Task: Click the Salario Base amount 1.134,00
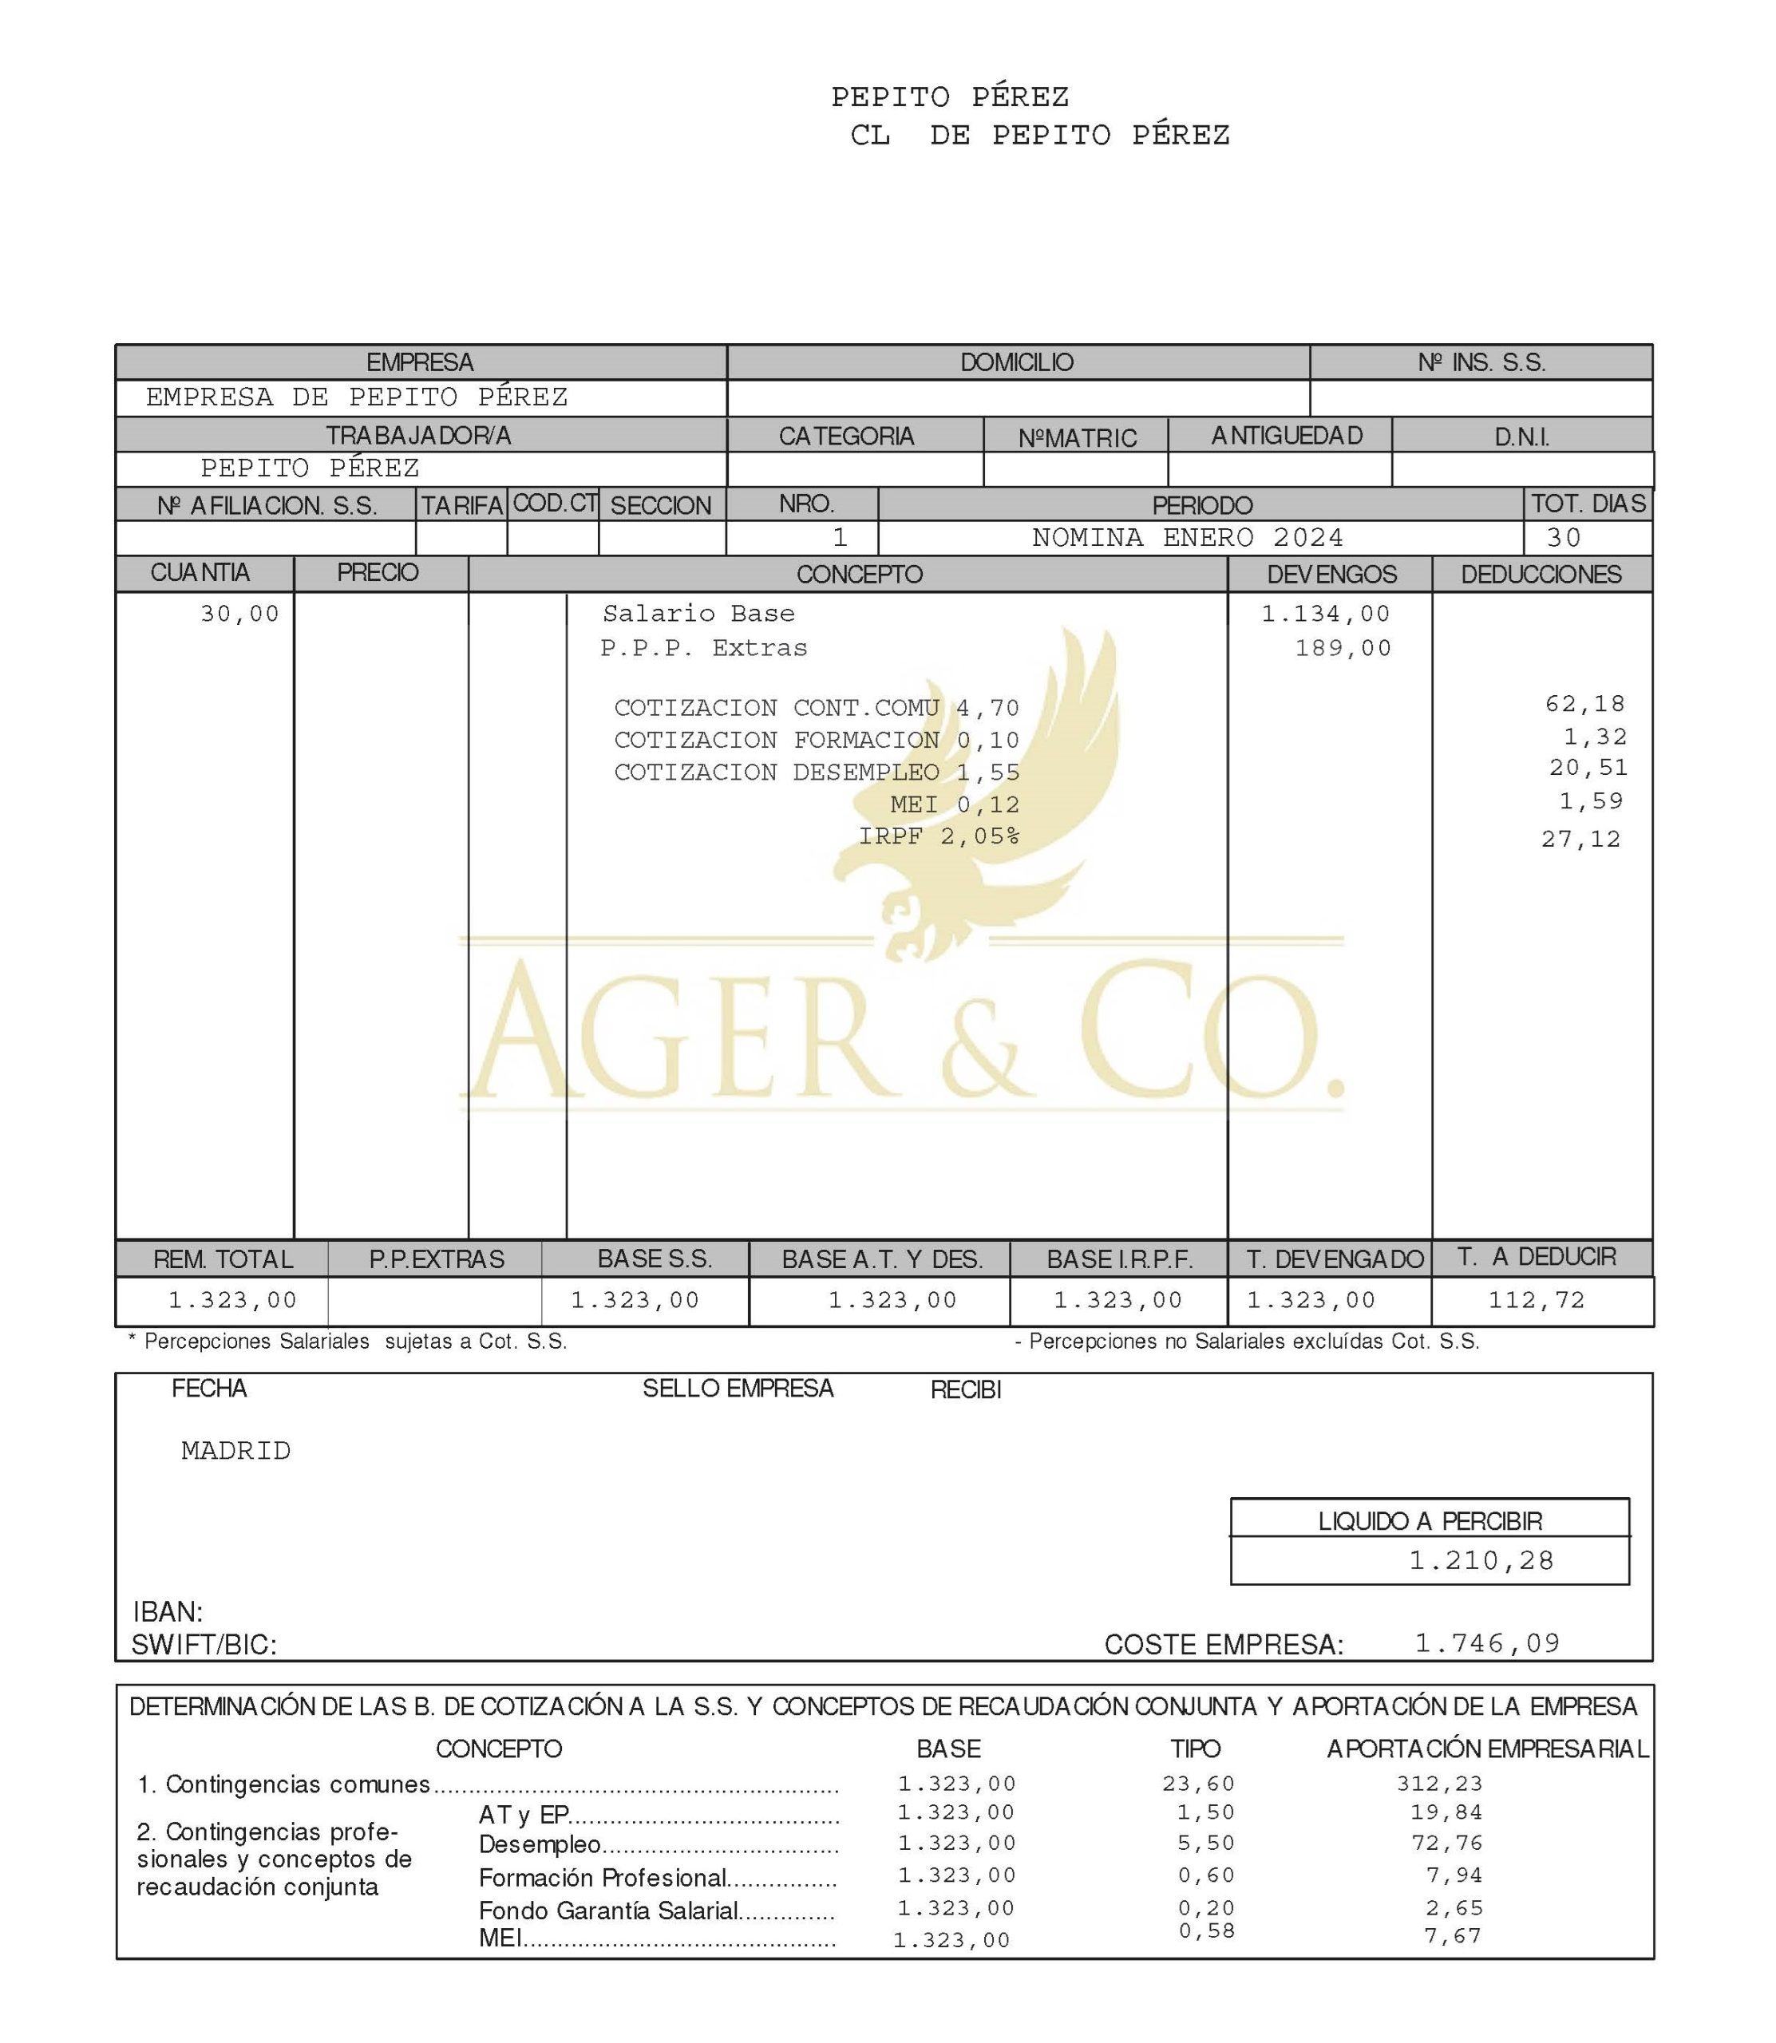(x=1325, y=614)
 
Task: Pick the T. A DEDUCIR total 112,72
(x=1537, y=1300)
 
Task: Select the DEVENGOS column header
(x=1331, y=575)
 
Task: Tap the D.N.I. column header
(x=1521, y=437)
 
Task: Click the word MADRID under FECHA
(x=236, y=1452)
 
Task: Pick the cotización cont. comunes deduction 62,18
(x=1584, y=705)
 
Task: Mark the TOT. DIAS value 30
(x=1564, y=538)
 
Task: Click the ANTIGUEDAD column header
(x=1287, y=436)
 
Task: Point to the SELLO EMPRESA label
(x=738, y=1389)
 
